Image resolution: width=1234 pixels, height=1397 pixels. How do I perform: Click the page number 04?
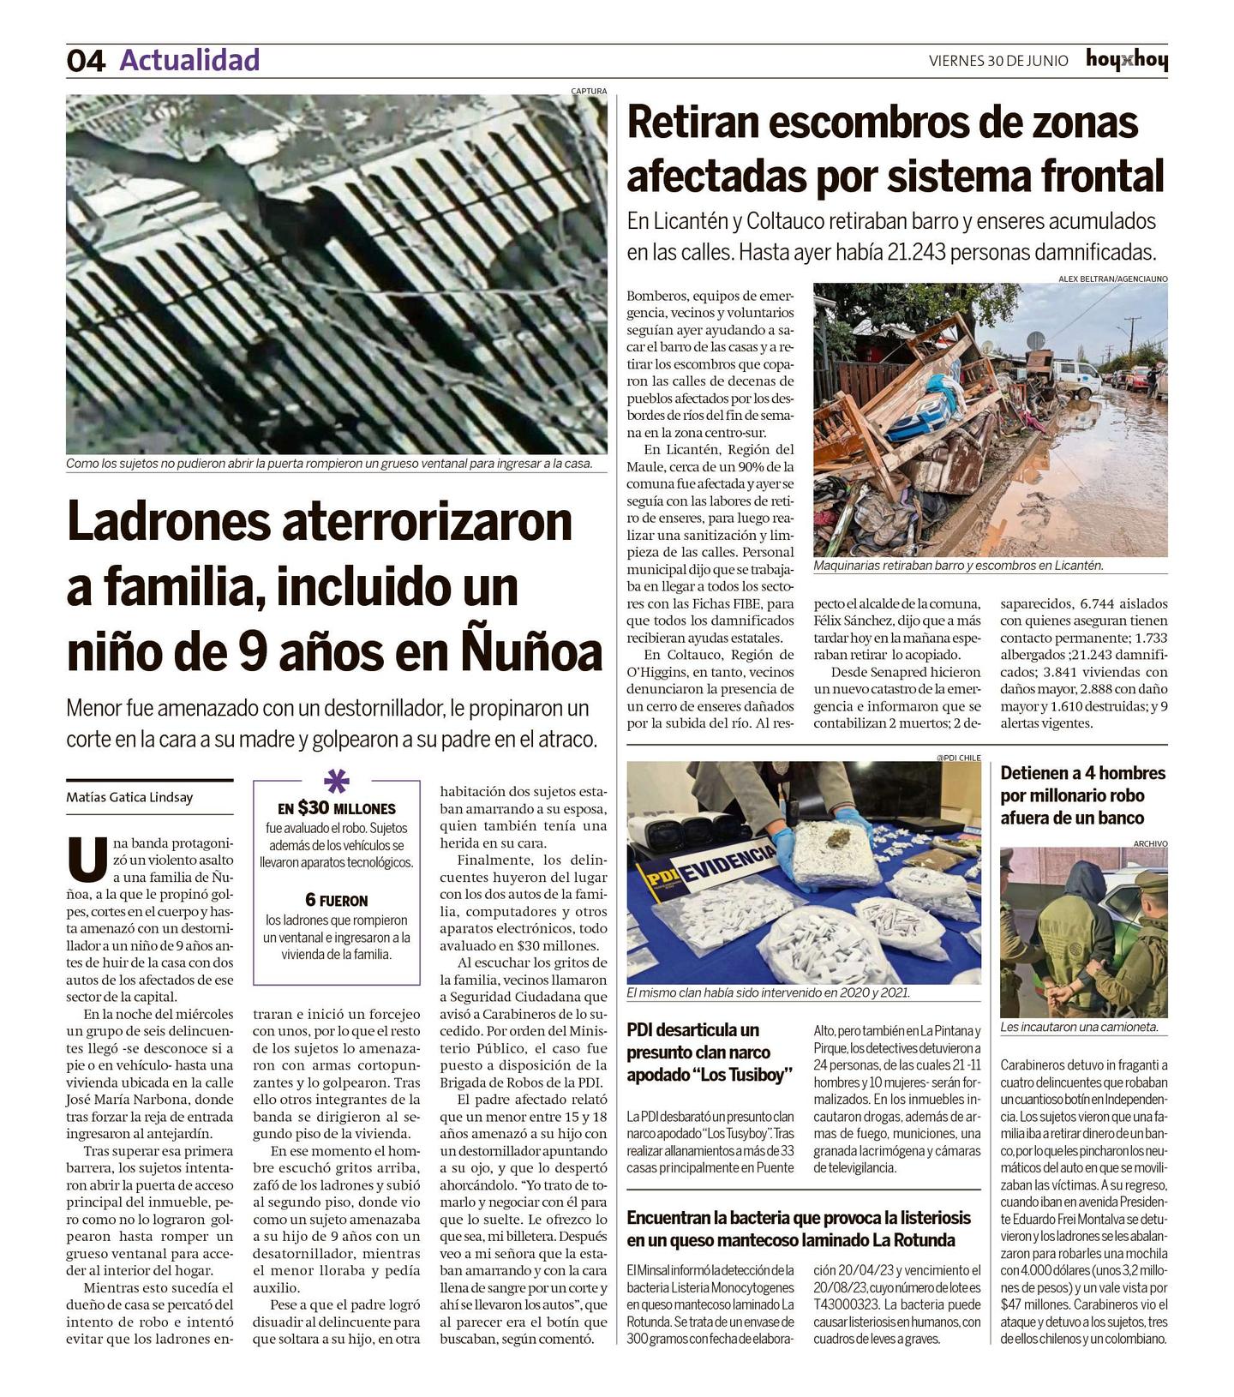86,61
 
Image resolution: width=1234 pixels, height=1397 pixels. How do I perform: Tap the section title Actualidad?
189,60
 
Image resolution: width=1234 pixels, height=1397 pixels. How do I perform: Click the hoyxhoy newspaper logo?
1126,60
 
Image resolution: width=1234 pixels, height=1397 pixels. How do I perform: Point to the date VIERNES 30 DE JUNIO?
998,61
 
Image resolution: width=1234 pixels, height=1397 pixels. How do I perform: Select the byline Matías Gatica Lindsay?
129,797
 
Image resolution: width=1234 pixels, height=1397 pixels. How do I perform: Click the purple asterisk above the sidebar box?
336,781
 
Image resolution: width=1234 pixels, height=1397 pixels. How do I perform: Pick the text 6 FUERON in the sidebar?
336,900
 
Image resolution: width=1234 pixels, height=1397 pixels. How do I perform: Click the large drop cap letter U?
87,860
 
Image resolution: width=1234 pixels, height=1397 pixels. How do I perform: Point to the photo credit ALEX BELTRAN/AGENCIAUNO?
1112,279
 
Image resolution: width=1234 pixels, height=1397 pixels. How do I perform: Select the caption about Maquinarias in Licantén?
958,566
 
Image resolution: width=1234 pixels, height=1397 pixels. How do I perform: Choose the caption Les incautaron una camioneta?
1079,1027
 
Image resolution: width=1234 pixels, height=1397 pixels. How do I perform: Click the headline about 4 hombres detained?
1083,795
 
